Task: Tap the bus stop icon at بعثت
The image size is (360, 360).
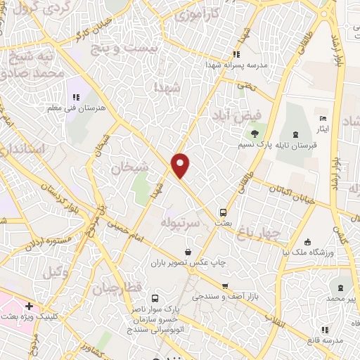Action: tap(223, 211)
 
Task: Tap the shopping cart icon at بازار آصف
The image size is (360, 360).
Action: tap(224, 285)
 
